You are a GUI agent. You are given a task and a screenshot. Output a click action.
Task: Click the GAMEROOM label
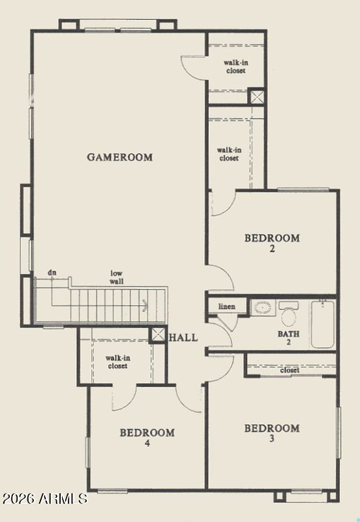pos(120,157)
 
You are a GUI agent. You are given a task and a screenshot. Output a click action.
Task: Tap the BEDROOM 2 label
pos(272,243)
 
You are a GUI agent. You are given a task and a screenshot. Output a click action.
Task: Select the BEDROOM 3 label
pos(272,433)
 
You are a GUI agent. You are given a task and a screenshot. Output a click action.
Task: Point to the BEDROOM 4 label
pos(147,437)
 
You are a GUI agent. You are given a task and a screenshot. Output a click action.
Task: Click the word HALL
pos(183,337)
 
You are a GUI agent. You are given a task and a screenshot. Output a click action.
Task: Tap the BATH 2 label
pos(288,337)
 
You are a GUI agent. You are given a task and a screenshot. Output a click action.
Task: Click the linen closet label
pos(227,306)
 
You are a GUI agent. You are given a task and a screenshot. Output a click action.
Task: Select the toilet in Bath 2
pos(288,314)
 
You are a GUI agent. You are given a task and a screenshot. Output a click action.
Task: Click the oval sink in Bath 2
pos(263,307)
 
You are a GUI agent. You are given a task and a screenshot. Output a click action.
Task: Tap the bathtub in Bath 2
pos(323,324)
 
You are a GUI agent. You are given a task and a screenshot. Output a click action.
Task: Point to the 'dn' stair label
pos(52,273)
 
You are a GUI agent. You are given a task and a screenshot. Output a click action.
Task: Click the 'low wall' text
pos(117,277)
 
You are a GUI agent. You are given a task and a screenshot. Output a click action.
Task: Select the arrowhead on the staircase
pos(145,305)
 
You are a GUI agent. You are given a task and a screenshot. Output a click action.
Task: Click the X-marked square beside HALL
pos(157,335)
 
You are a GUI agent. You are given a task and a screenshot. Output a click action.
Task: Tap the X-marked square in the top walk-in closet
pos(256,97)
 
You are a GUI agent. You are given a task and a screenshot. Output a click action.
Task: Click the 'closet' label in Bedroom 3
pos(290,370)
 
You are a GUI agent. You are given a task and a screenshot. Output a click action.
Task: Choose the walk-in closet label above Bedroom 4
pos(118,362)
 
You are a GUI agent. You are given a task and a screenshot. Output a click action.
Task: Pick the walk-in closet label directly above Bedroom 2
pos(230,155)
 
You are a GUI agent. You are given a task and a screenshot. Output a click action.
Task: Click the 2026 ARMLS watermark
pos(45,499)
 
